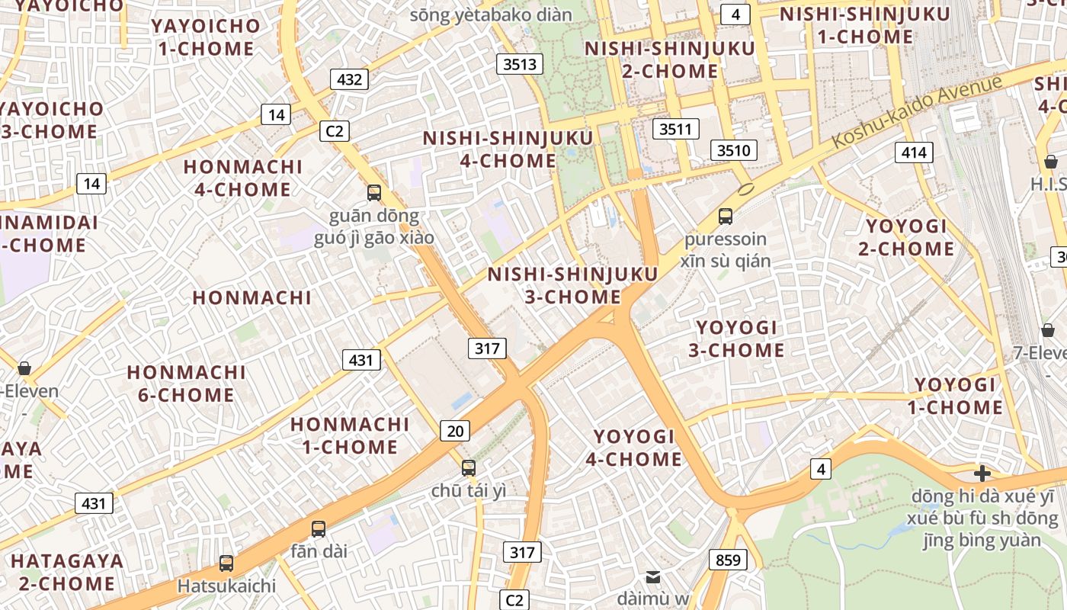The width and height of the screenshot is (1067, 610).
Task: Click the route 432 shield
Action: tap(350, 79)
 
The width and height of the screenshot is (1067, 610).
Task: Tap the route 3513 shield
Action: tap(521, 64)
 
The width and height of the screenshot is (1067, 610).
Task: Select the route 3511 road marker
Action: tap(676, 129)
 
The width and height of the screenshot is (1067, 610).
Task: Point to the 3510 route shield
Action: tap(734, 150)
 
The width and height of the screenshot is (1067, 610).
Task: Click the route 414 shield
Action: tap(914, 152)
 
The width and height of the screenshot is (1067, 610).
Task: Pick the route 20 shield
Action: tap(455, 431)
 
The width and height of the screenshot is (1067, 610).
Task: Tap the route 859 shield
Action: tap(728, 560)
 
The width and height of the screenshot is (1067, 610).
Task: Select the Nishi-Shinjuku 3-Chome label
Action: tap(572, 285)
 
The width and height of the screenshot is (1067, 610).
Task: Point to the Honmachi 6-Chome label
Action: tap(186, 384)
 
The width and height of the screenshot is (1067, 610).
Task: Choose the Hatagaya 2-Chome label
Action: tap(67, 572)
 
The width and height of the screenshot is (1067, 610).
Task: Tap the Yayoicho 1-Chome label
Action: tap(206, 37)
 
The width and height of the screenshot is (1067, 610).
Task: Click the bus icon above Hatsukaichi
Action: tap(226, 563)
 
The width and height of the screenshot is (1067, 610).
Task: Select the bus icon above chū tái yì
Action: tap(469, 468)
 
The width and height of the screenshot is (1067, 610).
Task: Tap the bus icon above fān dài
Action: tap(319, 528)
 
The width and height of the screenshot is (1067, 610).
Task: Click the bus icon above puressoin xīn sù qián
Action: tap(726, 216)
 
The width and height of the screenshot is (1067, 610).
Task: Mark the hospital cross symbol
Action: tap(982, 474)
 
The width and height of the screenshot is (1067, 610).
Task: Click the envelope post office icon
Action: tap(653, 576)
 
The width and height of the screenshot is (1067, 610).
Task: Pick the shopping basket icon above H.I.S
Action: tap(1051, 162)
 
